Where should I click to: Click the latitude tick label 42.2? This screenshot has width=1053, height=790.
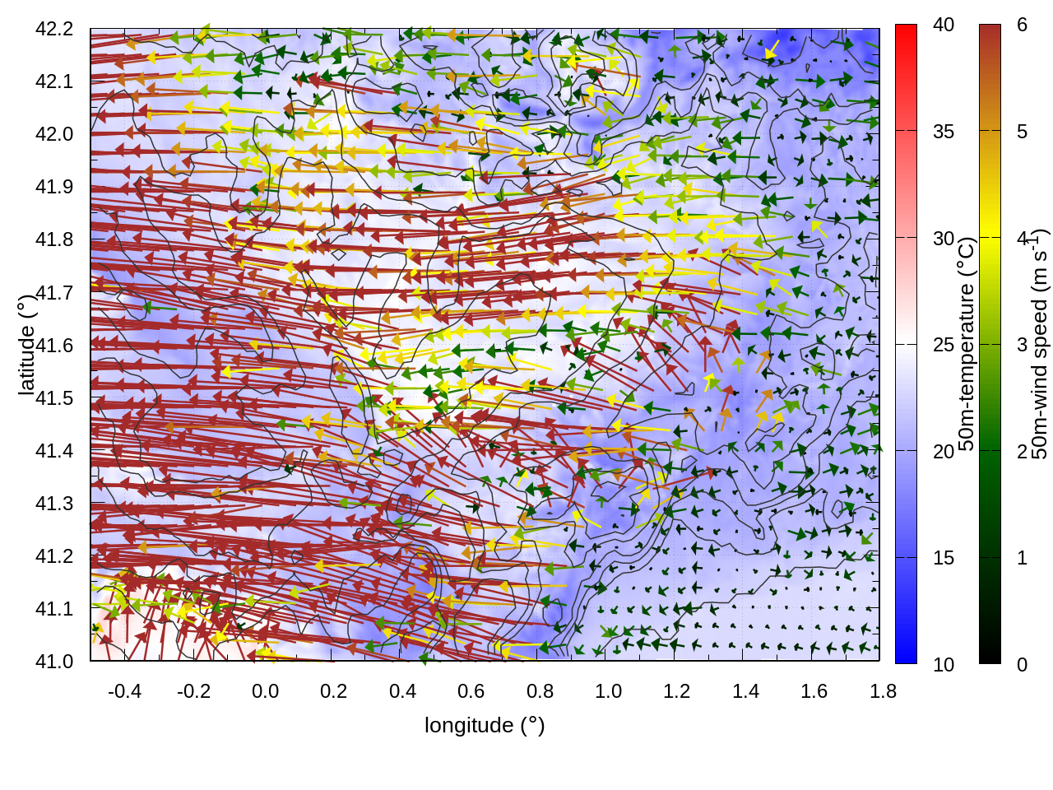click(x=54, y=29)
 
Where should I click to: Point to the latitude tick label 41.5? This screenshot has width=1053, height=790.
click(x=54, y=398)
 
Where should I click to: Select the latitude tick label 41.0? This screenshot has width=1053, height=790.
click(x=54, y=662)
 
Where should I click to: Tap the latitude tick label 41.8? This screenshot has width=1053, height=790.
click(x=54, y=239)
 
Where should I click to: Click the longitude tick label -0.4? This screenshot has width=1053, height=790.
click(x=124, y=691)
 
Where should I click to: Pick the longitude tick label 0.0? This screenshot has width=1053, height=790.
click(x=265, y=691)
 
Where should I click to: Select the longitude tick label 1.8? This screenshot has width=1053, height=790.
click(x=883, y=691)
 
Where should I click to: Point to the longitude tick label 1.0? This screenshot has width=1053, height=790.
click(x=608, y=691)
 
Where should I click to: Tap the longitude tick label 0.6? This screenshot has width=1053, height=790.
click(x=471, y=691)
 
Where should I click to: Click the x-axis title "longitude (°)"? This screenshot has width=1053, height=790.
click(x=485, y=725)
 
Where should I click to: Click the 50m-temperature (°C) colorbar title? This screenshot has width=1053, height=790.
click(x=967, y=344)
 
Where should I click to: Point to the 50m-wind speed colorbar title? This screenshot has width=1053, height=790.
click(x=1039, y=344)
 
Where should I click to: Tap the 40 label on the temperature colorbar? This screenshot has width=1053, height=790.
click(x=944, y=26)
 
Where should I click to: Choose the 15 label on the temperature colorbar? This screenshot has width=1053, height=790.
click(x=944, y=558)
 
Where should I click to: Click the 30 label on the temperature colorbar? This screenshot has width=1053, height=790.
click(x=944, y=239)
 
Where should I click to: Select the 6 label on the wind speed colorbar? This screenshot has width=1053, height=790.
click(x=1022, y=26)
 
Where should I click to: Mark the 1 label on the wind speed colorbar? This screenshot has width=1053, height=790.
click(x=1022, y=558)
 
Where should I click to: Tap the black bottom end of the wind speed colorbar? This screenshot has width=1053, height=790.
click(x=990, y=657)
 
